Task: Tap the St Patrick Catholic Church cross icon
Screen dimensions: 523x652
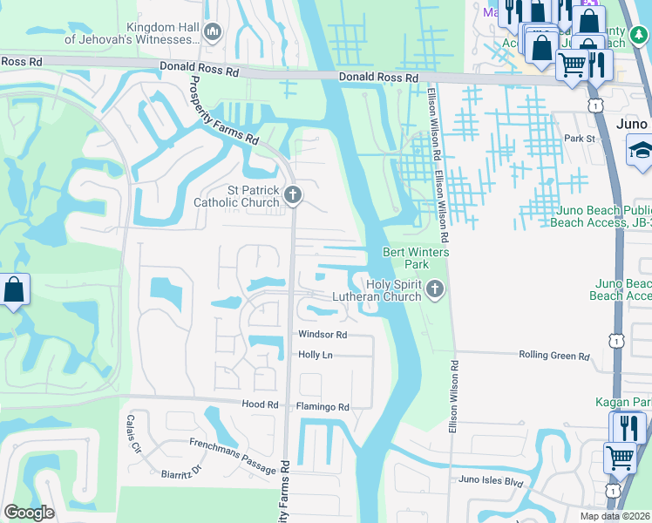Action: coord(293,194)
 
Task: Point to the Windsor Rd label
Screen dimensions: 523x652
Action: coord(323,335)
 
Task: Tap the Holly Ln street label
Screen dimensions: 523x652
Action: coord(316,355)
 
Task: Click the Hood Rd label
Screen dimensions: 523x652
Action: coord(259,405)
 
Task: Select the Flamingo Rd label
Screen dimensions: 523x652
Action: coord(323,407)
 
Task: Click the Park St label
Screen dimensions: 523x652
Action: coord(578,139)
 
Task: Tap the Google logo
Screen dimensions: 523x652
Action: coord(30,513)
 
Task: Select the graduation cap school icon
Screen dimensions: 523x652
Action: coord(640,151)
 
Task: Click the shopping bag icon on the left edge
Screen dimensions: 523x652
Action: coord(14,291)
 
